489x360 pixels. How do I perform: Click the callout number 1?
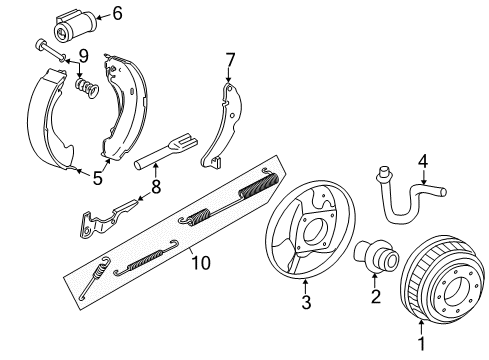pyautogui.click(x=421, y=346)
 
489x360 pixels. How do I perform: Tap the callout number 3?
pyautogui.click(x=307, y=301)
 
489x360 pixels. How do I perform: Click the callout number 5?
pyautogui.click(x=97, y=181)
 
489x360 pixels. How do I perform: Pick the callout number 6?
pyautogui.click(x=117, y=13)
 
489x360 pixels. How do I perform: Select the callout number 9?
pyautogui.click(x=84, y=55)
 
